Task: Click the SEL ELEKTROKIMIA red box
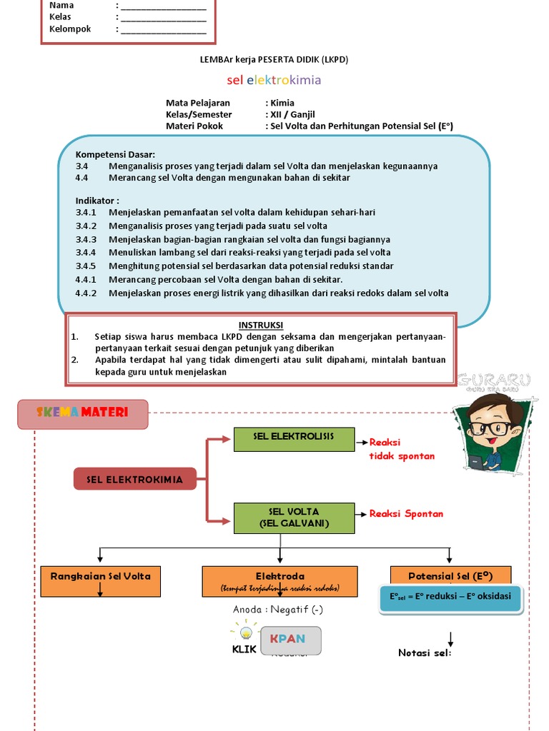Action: click(x=134, y=480)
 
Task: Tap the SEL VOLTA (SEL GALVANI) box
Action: click(x=294, y=518)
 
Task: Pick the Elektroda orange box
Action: click(x=280, y=581)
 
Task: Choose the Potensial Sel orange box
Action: click(x=450, y=576)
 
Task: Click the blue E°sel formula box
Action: click(x=450, y=597)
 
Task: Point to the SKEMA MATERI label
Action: click(x=82, y=413)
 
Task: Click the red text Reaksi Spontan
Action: click(x=406, y=514)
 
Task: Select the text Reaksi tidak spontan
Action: click(x=402, y=449)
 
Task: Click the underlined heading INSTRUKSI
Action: click(x=261, y=326)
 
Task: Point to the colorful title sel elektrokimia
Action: click(x=274, y=80)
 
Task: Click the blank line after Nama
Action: click(x=164, y=6)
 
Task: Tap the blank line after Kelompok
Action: click(x=164, y=30)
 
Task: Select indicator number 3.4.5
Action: click(x=85, y=266)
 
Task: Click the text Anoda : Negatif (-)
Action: click(x=278, y=610)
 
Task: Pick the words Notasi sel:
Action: click(x=425, y=652)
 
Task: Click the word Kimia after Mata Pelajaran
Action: click(x=282, y=103)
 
